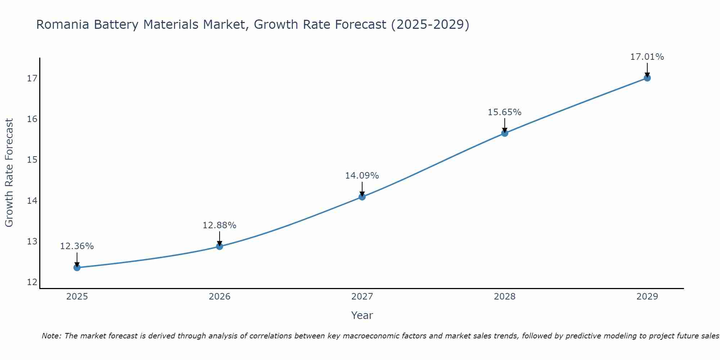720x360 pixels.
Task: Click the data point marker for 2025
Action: point(77,267)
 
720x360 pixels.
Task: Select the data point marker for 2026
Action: point(220,246)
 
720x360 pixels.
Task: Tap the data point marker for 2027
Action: point(362,197)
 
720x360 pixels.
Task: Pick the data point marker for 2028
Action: point(505,133)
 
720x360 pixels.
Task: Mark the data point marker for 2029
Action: point(647,78)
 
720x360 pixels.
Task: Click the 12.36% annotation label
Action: point(77,246)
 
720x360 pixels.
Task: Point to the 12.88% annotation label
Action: point(219,225)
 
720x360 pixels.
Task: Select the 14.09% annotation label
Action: point(362,176)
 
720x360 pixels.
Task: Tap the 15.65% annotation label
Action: point(504,112)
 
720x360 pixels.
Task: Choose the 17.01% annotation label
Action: point(647,57)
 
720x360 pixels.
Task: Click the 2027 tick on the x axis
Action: point(362,297)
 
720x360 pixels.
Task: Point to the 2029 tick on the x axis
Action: point(647,297)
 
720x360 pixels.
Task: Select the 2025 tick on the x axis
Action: point(77,297)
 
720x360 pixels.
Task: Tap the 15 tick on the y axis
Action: point(32,159)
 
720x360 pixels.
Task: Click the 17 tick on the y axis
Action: point(32,78)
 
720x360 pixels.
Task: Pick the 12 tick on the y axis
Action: point(32,282)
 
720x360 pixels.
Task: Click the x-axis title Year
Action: point(362,315)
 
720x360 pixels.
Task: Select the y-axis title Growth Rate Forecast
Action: point(9,173)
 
